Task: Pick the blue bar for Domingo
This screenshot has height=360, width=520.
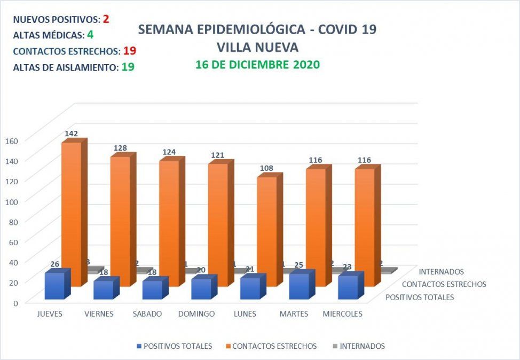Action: (201, 288)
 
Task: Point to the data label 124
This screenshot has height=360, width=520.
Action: (169, 152)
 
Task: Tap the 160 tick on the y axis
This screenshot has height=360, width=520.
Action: (12, 140)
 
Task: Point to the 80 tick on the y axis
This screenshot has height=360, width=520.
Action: (13, 221)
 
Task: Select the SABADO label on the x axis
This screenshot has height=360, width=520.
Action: (147, 314)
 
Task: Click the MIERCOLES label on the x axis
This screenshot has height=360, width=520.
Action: (342, 314)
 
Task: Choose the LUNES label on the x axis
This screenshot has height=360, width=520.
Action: (245, 314)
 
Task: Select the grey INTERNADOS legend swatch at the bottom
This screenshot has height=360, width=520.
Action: (334, 346)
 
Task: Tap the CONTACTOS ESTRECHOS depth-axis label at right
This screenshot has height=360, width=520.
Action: (444, 284)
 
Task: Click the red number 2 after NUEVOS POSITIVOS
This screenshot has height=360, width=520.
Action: (106, 19)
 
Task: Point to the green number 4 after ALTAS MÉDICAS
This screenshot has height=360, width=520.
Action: (90, 35)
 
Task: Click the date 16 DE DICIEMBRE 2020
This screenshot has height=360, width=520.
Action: (257, 65)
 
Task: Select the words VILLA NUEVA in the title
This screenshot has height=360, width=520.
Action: (257, 48)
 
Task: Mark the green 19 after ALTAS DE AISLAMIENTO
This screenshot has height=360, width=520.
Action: (128, 67)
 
